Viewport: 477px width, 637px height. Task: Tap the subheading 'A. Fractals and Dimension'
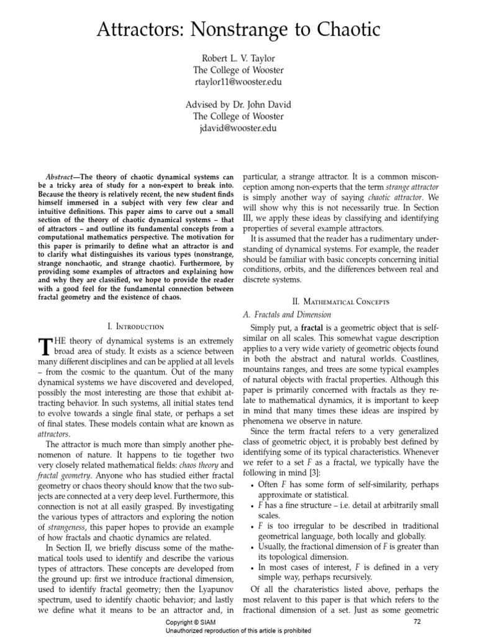point(286,315)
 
